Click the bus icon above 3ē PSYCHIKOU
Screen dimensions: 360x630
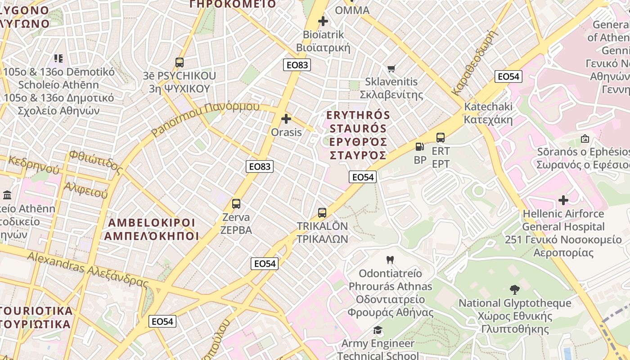(180, 63)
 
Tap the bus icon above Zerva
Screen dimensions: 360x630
(236, 204)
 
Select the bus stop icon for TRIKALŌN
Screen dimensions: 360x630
(322, 213)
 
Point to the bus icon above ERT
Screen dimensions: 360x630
(441, 138)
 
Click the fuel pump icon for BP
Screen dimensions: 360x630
(419, 146)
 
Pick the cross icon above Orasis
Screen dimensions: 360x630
(286, 119)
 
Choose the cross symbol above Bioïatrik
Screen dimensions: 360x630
(323, 21)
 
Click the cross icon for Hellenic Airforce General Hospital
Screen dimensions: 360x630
(563, 200)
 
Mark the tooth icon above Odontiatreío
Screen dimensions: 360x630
(390, 260)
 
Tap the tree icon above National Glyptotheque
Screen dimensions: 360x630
(515, 289)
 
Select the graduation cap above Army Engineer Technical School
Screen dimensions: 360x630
(378, 330)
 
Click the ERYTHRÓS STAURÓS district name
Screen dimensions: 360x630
(358, 135)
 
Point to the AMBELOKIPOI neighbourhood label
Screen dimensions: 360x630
(152, 229)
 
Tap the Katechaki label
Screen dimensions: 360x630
(488, 113)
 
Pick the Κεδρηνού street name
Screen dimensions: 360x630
(34, 165)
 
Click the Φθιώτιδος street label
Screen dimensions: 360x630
(96, 162)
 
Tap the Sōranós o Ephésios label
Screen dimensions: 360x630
(583, 158)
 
